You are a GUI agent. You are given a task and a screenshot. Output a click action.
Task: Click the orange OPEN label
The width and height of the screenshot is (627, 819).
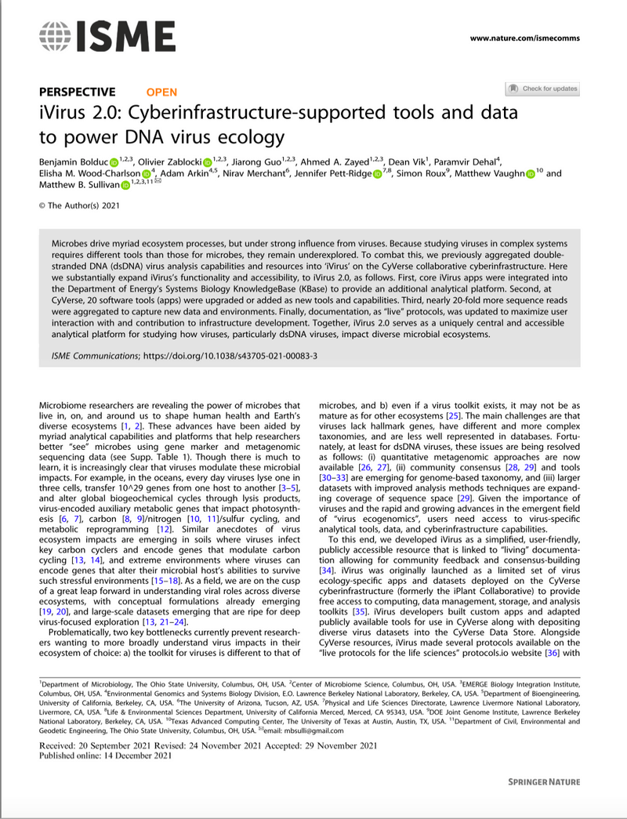click(161, 92)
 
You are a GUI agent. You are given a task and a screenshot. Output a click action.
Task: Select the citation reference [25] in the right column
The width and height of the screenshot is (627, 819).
click(452, 414)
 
